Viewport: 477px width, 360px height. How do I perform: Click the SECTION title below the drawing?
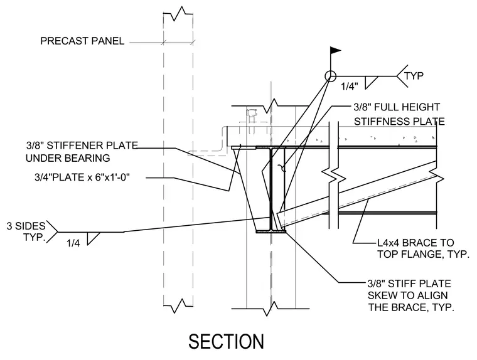(x=226, y=341)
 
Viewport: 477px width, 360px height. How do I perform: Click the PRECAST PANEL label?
(x=82, y=41)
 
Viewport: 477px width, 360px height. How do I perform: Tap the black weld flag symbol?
(x=335, y=50)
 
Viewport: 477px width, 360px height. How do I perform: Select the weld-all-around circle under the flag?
(x=330, y=76)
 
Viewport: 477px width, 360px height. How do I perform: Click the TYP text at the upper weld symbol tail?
(x=414, y=75)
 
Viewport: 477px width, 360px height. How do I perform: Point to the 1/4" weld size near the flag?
(x=349, y=87)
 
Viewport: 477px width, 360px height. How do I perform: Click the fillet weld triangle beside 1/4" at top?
(x=370, y=82)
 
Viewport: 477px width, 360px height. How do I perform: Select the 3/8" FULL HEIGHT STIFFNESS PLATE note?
(x=399, y=114)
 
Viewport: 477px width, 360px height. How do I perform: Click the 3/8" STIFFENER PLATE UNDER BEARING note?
(x=82, y=152)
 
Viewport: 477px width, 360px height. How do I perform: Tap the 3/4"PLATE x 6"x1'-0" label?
(x=82, y=177)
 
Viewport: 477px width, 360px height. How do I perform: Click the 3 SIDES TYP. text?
(x=26, y=231)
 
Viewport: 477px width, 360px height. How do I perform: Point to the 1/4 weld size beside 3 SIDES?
(x=73, y=243)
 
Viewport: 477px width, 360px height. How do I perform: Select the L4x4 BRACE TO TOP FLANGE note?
(x=423, y=248)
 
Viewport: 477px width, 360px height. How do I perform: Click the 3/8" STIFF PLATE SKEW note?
(x=410, y=295)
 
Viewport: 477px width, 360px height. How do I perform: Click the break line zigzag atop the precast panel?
(x=178, y=14)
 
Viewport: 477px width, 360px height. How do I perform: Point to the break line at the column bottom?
(x=271, y=309)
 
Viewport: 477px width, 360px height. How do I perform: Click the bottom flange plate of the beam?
(x=271, y=231)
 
